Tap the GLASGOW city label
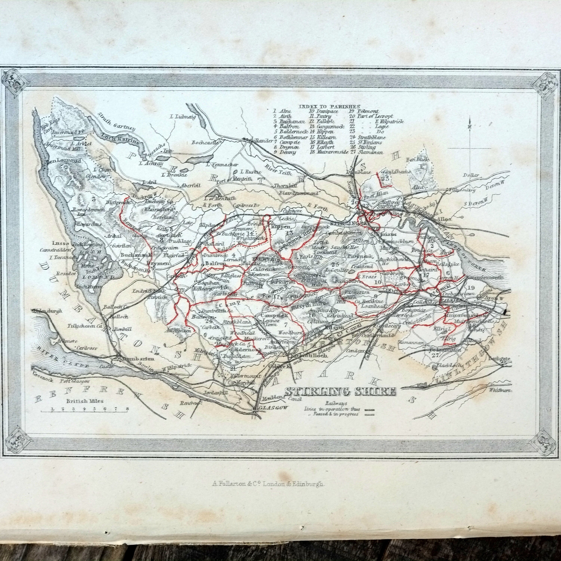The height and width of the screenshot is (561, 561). coord(273,408)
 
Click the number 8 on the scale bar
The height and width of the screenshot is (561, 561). coord(127,409)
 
